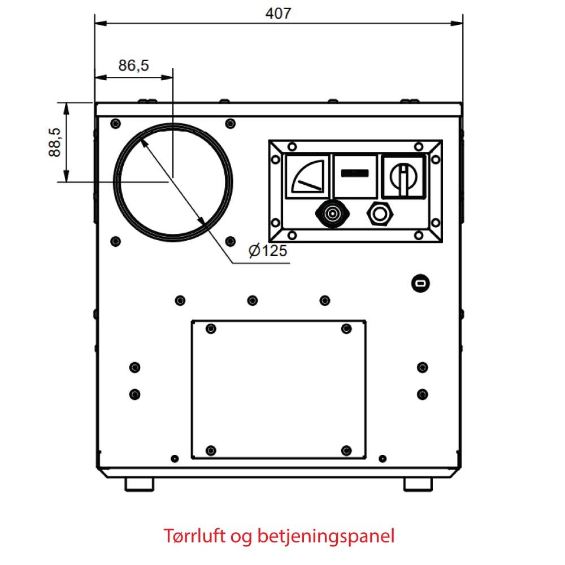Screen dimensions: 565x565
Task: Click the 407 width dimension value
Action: [x=278, y=14]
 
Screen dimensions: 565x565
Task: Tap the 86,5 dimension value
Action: [x=133, y=65]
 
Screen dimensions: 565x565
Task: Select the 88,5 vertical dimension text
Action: [x=55, y=142]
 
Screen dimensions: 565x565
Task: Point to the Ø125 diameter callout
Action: [x=268, y=250]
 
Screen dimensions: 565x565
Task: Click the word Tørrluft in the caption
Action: [x=194, y=536]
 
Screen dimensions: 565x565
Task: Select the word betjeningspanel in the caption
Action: [x=326, y=536]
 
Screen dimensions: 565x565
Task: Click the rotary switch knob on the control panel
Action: [x=403, y=177]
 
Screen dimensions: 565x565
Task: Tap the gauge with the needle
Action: [x=307, y=176]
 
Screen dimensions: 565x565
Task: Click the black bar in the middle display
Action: [x=355, y=173]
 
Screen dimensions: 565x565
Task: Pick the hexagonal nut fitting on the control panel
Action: [x=380, y=214]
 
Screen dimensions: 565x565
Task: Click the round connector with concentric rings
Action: [x=332, y=214]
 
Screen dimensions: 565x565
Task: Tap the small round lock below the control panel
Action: [x=420, y=284]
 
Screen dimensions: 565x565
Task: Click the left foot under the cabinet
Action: [x=139, y=484]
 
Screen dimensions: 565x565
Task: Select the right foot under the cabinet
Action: [x=418, y=484]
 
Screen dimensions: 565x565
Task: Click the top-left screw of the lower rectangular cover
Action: [x=211, y=329]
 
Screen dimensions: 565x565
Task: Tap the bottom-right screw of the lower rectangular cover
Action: [x=346, y=450]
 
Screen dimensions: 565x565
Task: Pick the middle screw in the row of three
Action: [x=252, y=300]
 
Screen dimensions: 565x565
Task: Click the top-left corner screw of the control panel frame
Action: [x=292, y=147]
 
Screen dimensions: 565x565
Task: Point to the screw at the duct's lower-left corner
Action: [x=115, y=241]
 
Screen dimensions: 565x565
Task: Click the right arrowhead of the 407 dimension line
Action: [x=457, y=23]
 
